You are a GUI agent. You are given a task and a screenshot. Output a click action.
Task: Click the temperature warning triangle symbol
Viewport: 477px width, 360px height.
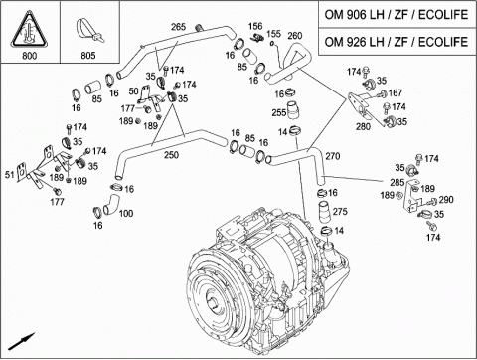pyautogui.click(x=30, y=29)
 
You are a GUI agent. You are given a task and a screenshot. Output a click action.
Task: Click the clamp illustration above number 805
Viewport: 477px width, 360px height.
pyautogui.click(x=89, y=31)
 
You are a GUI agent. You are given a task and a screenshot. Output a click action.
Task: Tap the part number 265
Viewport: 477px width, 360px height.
pyautogui.click(x=178, y=27)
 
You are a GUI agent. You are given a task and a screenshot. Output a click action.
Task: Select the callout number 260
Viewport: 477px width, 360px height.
pyautogui.click(x=295, y=36)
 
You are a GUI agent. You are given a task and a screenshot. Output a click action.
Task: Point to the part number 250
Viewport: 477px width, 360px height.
pyautogui.click(x=171, y=155)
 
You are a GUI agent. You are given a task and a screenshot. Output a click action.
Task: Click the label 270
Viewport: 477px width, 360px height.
pyautogui.click(x=332, y=156)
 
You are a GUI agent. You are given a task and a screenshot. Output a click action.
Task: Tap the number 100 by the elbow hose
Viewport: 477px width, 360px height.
pyautogui.click(x=126, y=213)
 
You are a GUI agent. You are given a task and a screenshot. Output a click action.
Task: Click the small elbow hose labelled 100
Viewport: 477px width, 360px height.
pyautogui.click(x=111, y=203)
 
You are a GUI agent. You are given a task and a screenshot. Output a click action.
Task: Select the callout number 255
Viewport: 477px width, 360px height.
pyautogui.click(x=278, y=112)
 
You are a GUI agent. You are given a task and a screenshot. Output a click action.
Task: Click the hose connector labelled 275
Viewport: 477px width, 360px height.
pyautogui.click(x=324, y=212)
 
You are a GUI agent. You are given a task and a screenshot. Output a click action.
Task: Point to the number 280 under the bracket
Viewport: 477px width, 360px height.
pyautogui.click(x=363, y=126)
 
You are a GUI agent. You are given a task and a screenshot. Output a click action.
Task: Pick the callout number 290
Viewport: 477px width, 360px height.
pyautogui.click(x=446, y=200)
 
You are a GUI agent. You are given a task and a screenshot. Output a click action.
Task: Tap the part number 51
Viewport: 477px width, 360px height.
pyautogui.click(x=10, y=175)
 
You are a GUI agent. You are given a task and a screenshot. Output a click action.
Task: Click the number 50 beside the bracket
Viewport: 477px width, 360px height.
pyautogui.click(x=133, y=91)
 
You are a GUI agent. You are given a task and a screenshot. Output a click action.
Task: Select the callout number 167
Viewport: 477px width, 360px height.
pyautogui.click(x=395, y=93)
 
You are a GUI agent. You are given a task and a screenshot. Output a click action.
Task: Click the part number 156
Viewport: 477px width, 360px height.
pyautogui.click(x=255, y=26)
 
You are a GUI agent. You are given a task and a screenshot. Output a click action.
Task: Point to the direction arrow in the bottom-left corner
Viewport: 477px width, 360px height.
pyautogui.click(x=21, y=341)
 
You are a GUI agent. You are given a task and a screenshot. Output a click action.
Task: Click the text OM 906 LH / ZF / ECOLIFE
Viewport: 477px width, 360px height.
pyautogui.click(x=397, y=14)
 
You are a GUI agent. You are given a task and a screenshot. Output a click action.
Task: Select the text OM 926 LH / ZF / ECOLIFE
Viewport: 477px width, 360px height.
pyautogui.click(x=397, y=42)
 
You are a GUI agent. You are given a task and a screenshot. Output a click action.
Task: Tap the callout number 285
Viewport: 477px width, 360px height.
pyautogui.click(x=397, y=182)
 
